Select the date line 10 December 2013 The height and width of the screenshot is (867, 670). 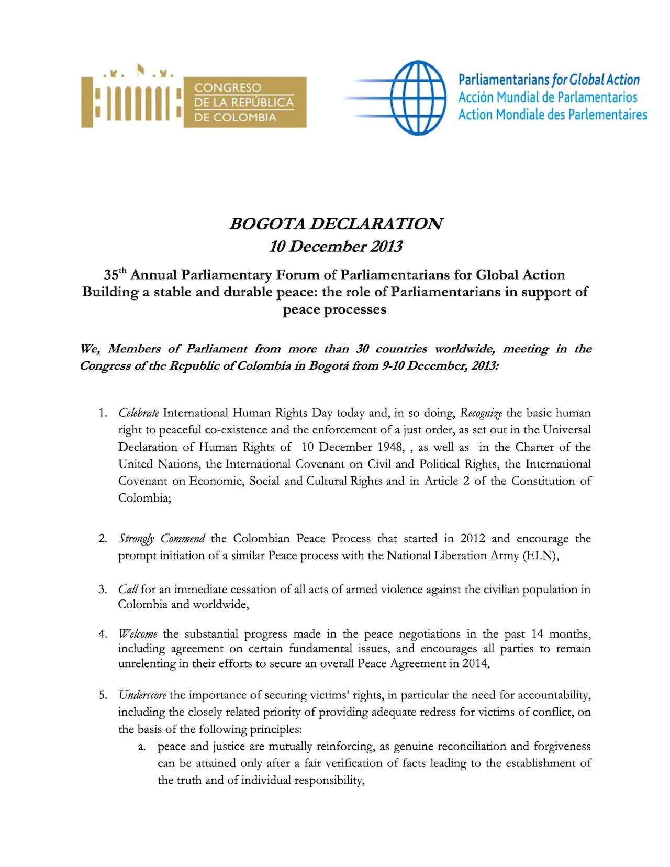click(x=336, y=247)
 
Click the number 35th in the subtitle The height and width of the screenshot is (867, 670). click(x=115, y=275)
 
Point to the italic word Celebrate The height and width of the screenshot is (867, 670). click(x=139, y=413)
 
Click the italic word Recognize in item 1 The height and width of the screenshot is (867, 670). click(x=481, y=413)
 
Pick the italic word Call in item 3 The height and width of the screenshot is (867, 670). click(x=128, y=590)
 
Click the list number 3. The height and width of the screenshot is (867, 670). click(x=102, y=590)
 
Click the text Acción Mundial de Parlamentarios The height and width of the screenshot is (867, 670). click(x=548, y=97)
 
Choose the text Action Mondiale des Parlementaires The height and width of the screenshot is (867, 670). click(x=553, y=115)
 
